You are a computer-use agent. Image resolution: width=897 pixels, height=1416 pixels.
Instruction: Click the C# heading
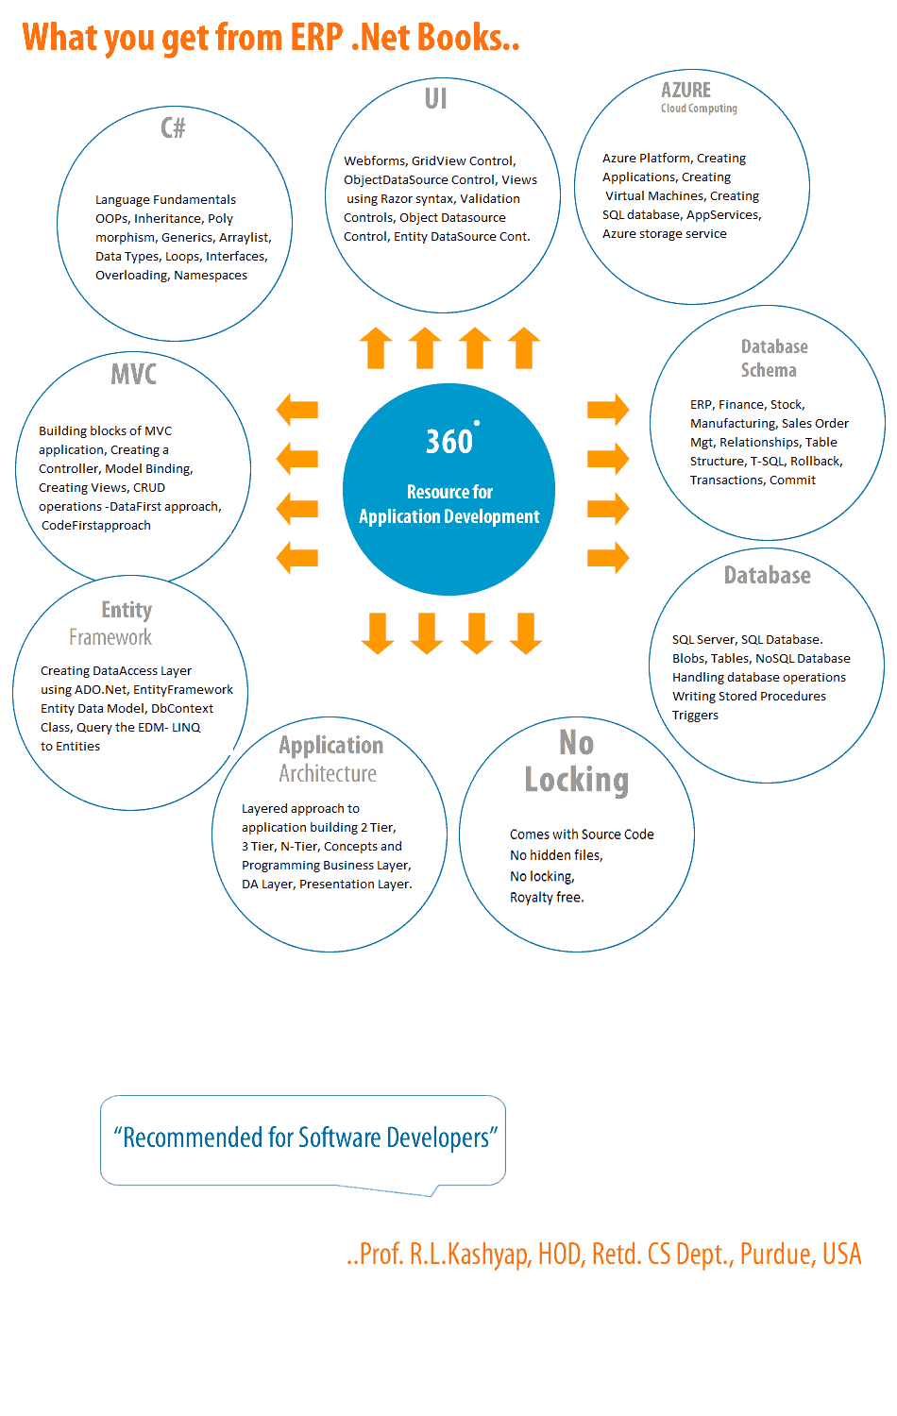(173, 127)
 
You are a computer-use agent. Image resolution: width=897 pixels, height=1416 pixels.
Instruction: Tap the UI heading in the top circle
(435, 99)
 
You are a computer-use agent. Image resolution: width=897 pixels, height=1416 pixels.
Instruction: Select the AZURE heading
(685, 91)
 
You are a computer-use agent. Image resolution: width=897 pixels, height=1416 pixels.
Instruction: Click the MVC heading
(133, 375)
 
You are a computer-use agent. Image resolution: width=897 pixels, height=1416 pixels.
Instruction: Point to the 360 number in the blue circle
(449, 442)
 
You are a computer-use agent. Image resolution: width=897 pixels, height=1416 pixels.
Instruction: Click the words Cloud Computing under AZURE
(699, 109)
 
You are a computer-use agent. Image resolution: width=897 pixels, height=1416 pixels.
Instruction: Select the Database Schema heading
(773, 359)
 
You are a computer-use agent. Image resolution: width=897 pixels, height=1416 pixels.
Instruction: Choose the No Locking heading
(576, 762)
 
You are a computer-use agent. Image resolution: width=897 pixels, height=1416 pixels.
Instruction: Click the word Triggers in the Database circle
(695, 716)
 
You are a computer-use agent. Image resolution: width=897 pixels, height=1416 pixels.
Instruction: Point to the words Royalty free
(547, 898)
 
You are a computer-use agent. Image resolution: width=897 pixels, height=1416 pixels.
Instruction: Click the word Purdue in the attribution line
(777, 1255)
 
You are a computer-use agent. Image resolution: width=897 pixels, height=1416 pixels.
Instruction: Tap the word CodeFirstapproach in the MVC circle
(96, 526)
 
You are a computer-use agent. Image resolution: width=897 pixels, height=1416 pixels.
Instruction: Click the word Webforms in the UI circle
(374, 161)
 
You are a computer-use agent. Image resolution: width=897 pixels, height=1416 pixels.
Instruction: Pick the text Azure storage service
(665, 234)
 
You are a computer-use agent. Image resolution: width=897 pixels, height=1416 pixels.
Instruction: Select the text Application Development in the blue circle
(449, 517)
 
